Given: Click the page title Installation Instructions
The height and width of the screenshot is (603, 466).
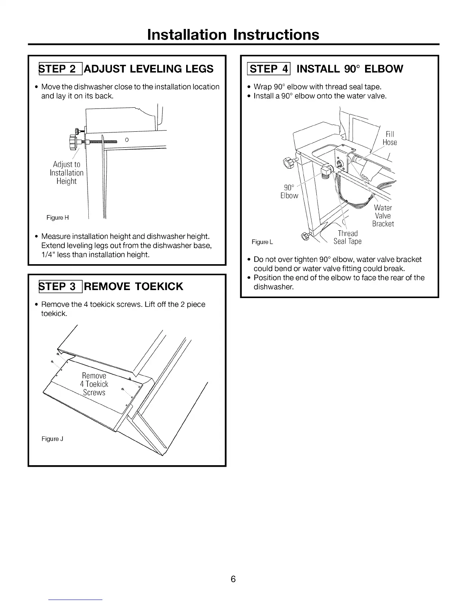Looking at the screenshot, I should coord(233,35).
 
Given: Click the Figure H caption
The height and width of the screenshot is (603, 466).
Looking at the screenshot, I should coord(57,218).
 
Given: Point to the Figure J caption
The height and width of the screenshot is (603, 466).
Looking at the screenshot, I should coord(53,439).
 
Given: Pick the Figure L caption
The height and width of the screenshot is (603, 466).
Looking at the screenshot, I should coord(262,242).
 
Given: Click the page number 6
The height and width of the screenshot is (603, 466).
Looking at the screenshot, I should coord(233,579).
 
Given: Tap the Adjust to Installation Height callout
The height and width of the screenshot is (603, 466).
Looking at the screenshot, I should coord(67,173).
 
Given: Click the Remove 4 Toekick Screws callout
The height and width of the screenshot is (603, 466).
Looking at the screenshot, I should coord(94,384).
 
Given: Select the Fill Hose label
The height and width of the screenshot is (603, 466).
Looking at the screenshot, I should coord(390,138).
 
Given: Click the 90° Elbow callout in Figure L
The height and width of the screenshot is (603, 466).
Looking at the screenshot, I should coord(289,191).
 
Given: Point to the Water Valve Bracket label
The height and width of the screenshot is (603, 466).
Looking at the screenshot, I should coord(383,215).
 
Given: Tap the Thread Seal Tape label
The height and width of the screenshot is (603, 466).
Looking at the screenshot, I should coord(348,237).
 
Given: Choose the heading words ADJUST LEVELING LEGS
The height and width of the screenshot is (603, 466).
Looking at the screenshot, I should coord(149,69).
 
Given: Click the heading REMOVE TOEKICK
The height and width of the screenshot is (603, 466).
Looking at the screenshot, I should coord(134,286).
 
